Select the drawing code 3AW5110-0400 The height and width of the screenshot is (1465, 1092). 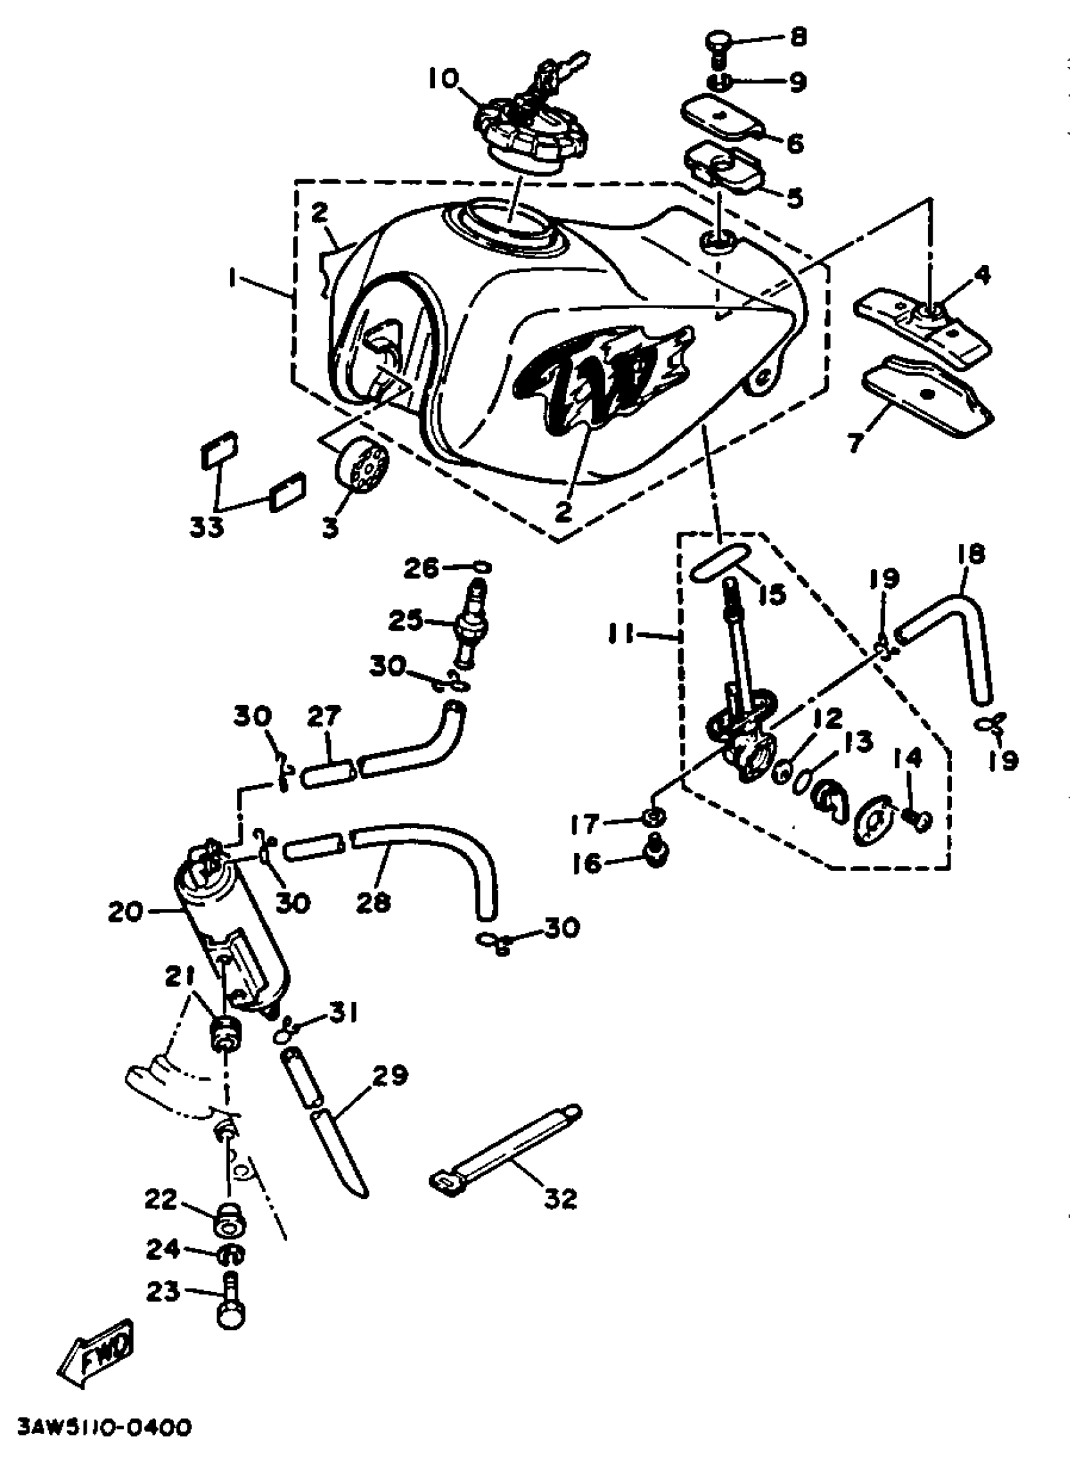(105, 1426)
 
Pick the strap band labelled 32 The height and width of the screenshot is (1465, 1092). (509, 1147)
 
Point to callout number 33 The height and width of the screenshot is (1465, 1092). (207, 527)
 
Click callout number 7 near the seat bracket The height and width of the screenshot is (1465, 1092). (858, 442)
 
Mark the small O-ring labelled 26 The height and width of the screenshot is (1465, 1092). (480, 567)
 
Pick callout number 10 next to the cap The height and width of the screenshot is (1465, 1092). (442, 79)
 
